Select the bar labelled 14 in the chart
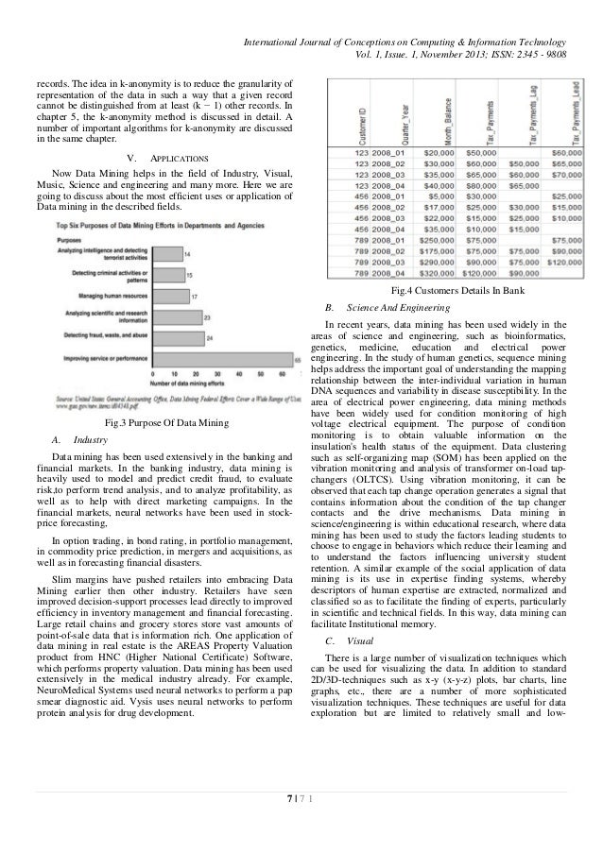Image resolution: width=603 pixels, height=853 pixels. point(165,255)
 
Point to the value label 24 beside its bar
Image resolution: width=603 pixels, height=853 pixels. point(208,337)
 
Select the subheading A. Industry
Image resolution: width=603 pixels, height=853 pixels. point(80,440)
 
